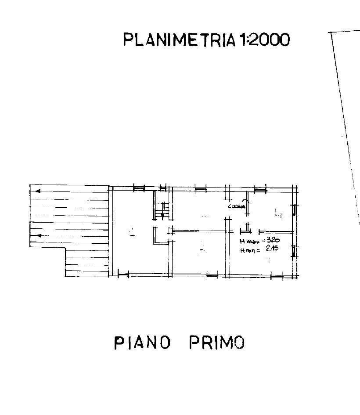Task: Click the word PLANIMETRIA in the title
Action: click(x=180, y=40)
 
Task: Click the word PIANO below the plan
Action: click(x=142, y=342)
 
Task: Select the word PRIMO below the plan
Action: click(x=216, y=342)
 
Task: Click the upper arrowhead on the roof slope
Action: click(x=38, y=191)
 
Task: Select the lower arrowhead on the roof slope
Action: click(x=38, y=235)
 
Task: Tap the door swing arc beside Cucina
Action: click(x=248, y=205)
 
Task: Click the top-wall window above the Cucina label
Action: click(x=260, y=189)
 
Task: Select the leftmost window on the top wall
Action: click(x=139, y=188)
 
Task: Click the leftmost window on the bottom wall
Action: click(x=123, y=275)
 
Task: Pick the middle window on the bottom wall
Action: click(x=212, y=276)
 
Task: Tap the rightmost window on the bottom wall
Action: click(x=276, y=276)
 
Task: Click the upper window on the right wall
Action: click(x=295, y=210)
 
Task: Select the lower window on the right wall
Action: click(x=295, y=251)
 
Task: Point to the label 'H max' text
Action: click(x=249, y=242)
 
